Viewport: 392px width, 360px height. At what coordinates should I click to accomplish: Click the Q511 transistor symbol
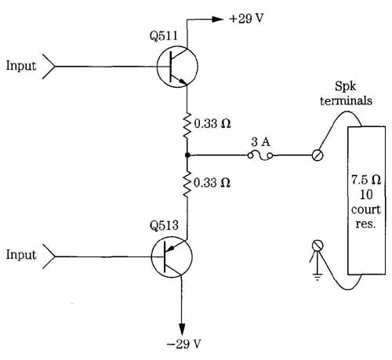point(177,67)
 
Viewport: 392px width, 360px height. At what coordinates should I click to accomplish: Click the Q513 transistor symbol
point(172,256)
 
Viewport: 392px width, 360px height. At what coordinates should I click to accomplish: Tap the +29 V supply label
point(246,19)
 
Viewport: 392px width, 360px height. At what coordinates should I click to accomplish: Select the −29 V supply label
point(184,344)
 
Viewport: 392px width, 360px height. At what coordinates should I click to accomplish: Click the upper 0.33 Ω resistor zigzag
point(187,125)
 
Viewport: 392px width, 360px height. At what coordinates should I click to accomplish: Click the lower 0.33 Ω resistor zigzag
point(187,184)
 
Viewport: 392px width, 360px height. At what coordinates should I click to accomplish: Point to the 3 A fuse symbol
point(260,156)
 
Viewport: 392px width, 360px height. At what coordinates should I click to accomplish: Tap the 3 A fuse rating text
point(261,142)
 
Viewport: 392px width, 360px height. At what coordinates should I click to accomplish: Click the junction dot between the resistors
point(187,155)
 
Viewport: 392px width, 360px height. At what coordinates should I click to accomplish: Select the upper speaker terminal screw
point(318,155)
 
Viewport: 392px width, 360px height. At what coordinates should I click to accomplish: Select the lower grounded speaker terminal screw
point(318,245)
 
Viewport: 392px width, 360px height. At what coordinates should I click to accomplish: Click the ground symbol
point(318,277)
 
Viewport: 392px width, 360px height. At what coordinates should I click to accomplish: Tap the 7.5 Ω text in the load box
point(366,180)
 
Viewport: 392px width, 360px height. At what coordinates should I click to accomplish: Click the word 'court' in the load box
point(365,209)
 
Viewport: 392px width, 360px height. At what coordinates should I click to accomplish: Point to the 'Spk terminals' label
point(346,93)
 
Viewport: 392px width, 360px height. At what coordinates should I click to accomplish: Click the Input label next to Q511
point(21,66)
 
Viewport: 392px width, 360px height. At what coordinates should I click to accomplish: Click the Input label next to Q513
point(21,255)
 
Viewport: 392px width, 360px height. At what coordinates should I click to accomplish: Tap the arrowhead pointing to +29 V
point(217,19)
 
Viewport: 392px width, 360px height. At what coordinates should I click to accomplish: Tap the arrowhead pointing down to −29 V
point(182,329)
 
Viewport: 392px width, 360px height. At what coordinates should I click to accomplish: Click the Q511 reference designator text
point(164,35)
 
